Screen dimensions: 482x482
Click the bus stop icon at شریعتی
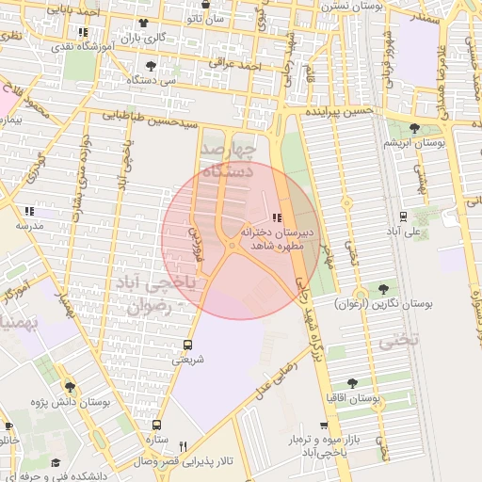186,345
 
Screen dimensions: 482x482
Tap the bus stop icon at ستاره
157,426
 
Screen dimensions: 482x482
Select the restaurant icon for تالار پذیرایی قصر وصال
184,447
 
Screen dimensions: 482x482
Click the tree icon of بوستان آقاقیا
352,383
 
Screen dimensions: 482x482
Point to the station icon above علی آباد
404,216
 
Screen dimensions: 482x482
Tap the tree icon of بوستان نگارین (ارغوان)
383,289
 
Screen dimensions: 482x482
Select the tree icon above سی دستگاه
152,66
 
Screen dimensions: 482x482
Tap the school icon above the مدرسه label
28,210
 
